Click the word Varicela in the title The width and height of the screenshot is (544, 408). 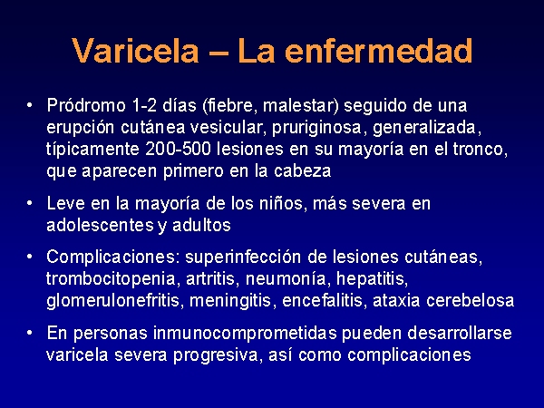click(x=136, y=51)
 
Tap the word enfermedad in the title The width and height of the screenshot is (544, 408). click(x=378, y=51)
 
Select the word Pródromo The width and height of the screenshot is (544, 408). click(x=86, y=105)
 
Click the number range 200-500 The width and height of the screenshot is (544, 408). click(x=178, y=149)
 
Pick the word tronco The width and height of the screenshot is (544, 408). click(x=481, y=150)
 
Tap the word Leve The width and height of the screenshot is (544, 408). click(x=65, y=203)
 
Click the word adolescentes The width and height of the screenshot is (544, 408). click(x=101, y=225)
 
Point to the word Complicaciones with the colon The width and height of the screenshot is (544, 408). click(x=113, y=257)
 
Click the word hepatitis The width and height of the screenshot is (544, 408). click(x=372, y=279)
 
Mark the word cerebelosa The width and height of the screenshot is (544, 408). click(x=470, y=300)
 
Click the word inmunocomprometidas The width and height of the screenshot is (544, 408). click(x=245, y=334)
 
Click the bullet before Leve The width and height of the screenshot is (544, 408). click(x=30, y=203)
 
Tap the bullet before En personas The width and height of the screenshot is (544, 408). click(x=30, y=333)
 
